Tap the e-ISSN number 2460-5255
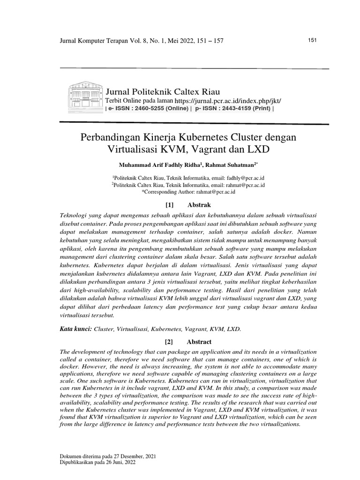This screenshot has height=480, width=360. click(x=153, y=108)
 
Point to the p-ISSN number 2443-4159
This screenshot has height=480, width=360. click(x=235, y=108)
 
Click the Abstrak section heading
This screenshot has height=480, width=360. click(x=199, y=205)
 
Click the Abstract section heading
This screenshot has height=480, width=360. click(x=199, y=342)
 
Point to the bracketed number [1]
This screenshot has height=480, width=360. click(x=170, y=205)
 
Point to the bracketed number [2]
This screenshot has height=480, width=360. click(x=170, y=342)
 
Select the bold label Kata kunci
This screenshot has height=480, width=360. click(x=75, y=329)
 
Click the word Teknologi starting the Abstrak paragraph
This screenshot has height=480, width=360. click(x=75, y=214)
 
